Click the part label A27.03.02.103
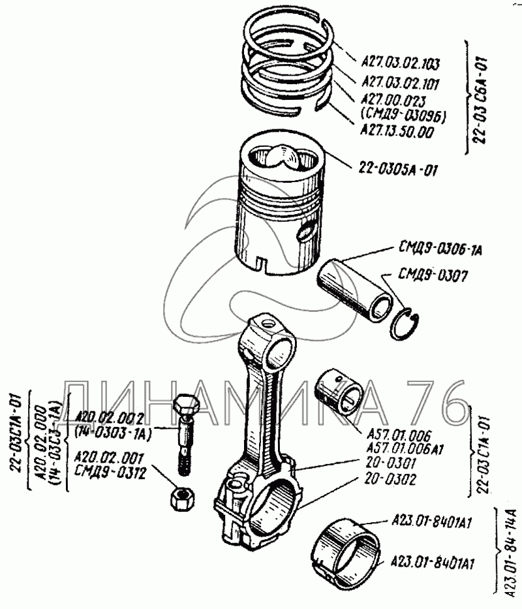coord(399,64)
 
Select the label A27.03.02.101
coord(399,83)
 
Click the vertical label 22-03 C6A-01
coord(478,98)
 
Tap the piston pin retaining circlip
coord(408,324)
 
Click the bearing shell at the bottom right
coord(348,550)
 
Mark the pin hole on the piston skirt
coord(307,230)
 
